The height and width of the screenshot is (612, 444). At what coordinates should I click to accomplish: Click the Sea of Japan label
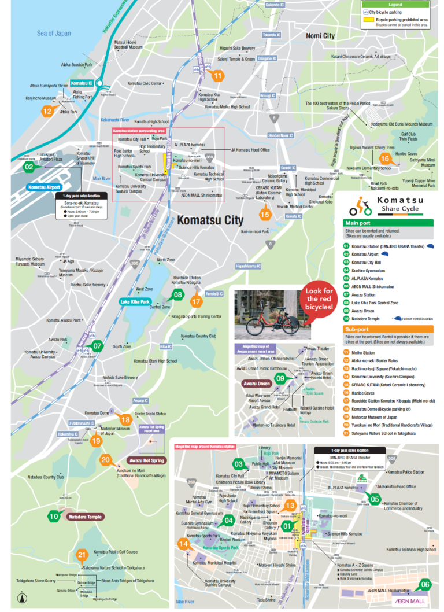[54, 33]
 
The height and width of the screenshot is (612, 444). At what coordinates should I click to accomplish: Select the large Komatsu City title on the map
[210, 220]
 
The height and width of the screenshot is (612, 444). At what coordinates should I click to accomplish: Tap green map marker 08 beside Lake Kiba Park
[178, 295]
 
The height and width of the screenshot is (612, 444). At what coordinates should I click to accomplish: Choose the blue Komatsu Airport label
[45, 187]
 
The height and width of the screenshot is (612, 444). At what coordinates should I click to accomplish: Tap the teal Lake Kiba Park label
[135, 301]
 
